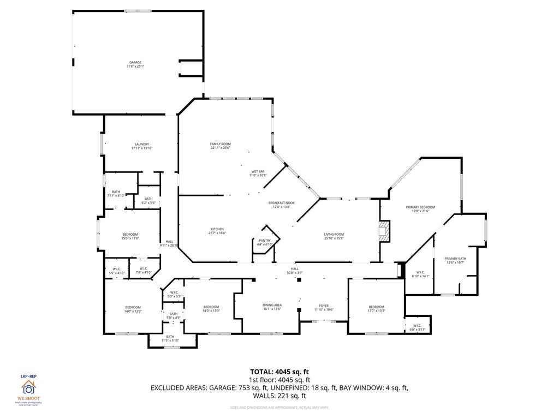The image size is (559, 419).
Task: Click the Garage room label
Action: pyautogui.click(x=135, y=64)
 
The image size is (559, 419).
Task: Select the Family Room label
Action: pyautogui.click(x=221, y=146)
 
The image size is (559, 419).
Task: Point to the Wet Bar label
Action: pyautogui.click(x=258, y=173)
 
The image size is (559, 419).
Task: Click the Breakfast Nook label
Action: pyautogui.click(x=281, y=205)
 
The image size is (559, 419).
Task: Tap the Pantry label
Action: pyautogui.click(x=265, y=242)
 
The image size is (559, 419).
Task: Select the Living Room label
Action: pyautogui.click(x=334, y=236)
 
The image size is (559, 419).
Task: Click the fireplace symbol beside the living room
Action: pyautogui.click(x=385, y=231)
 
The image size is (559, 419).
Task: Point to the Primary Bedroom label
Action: pyautogui.click(x=420, y=209)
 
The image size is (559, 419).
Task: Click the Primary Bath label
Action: pyautogui.click(x=455, y=260)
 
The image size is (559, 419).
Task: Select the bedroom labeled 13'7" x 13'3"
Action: pyautogui.click(x=376, y=309)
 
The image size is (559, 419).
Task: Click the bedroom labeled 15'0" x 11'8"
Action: pyautogui.click(x=130, y=236)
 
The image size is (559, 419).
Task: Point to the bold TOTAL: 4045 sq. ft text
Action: pyautogui.click(x=279, y=372)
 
